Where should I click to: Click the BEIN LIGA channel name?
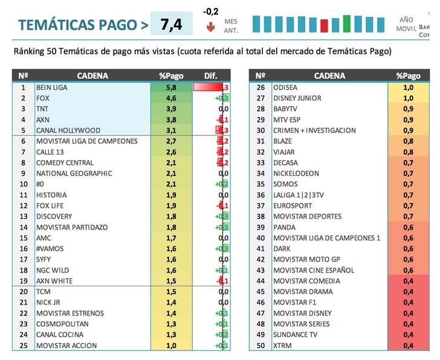53,87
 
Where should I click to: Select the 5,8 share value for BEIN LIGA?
171,87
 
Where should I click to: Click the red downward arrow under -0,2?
210,27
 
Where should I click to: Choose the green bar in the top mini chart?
347,24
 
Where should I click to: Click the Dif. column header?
211,76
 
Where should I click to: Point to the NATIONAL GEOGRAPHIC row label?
74,173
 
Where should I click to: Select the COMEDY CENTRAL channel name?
65,162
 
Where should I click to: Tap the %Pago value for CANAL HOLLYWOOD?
171,130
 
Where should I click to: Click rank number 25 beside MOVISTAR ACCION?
24,346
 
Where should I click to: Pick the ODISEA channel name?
285,87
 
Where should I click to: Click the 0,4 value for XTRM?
408,346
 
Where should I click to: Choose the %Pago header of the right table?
408,76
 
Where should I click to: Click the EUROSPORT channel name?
294,206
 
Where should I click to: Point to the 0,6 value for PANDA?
408,227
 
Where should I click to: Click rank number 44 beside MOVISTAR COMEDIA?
260,281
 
